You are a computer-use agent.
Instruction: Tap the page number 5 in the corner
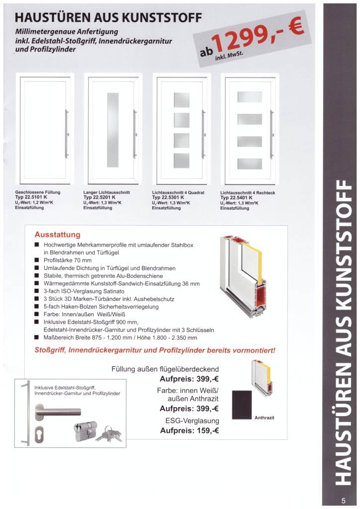(x=344, y=501)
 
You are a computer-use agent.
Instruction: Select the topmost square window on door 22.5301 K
(x=181, y=100)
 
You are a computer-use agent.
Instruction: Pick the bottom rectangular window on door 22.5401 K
(x=249, y=164)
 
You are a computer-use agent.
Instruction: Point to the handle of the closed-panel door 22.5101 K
(x=67, y=134)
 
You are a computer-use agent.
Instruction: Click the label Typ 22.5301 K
(x=168, y=197)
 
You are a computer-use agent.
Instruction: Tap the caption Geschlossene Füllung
(x=38, y=192)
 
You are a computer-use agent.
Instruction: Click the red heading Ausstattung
(x=58, y=235)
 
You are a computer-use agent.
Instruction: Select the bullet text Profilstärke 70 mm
(x=68, y=260)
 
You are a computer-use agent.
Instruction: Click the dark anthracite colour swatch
(x=242, y=405)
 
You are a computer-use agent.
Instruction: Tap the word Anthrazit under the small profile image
(x=264, y=418)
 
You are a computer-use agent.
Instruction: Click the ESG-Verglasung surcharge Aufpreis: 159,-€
(x=189, y=430)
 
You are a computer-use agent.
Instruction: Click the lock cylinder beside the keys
(x=86, y=431)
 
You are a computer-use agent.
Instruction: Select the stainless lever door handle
(x=57, y=411)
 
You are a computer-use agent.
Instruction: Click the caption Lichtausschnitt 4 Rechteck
(x=247, y=192)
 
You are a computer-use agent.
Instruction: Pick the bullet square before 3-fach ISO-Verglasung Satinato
(x=37, y=291)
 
